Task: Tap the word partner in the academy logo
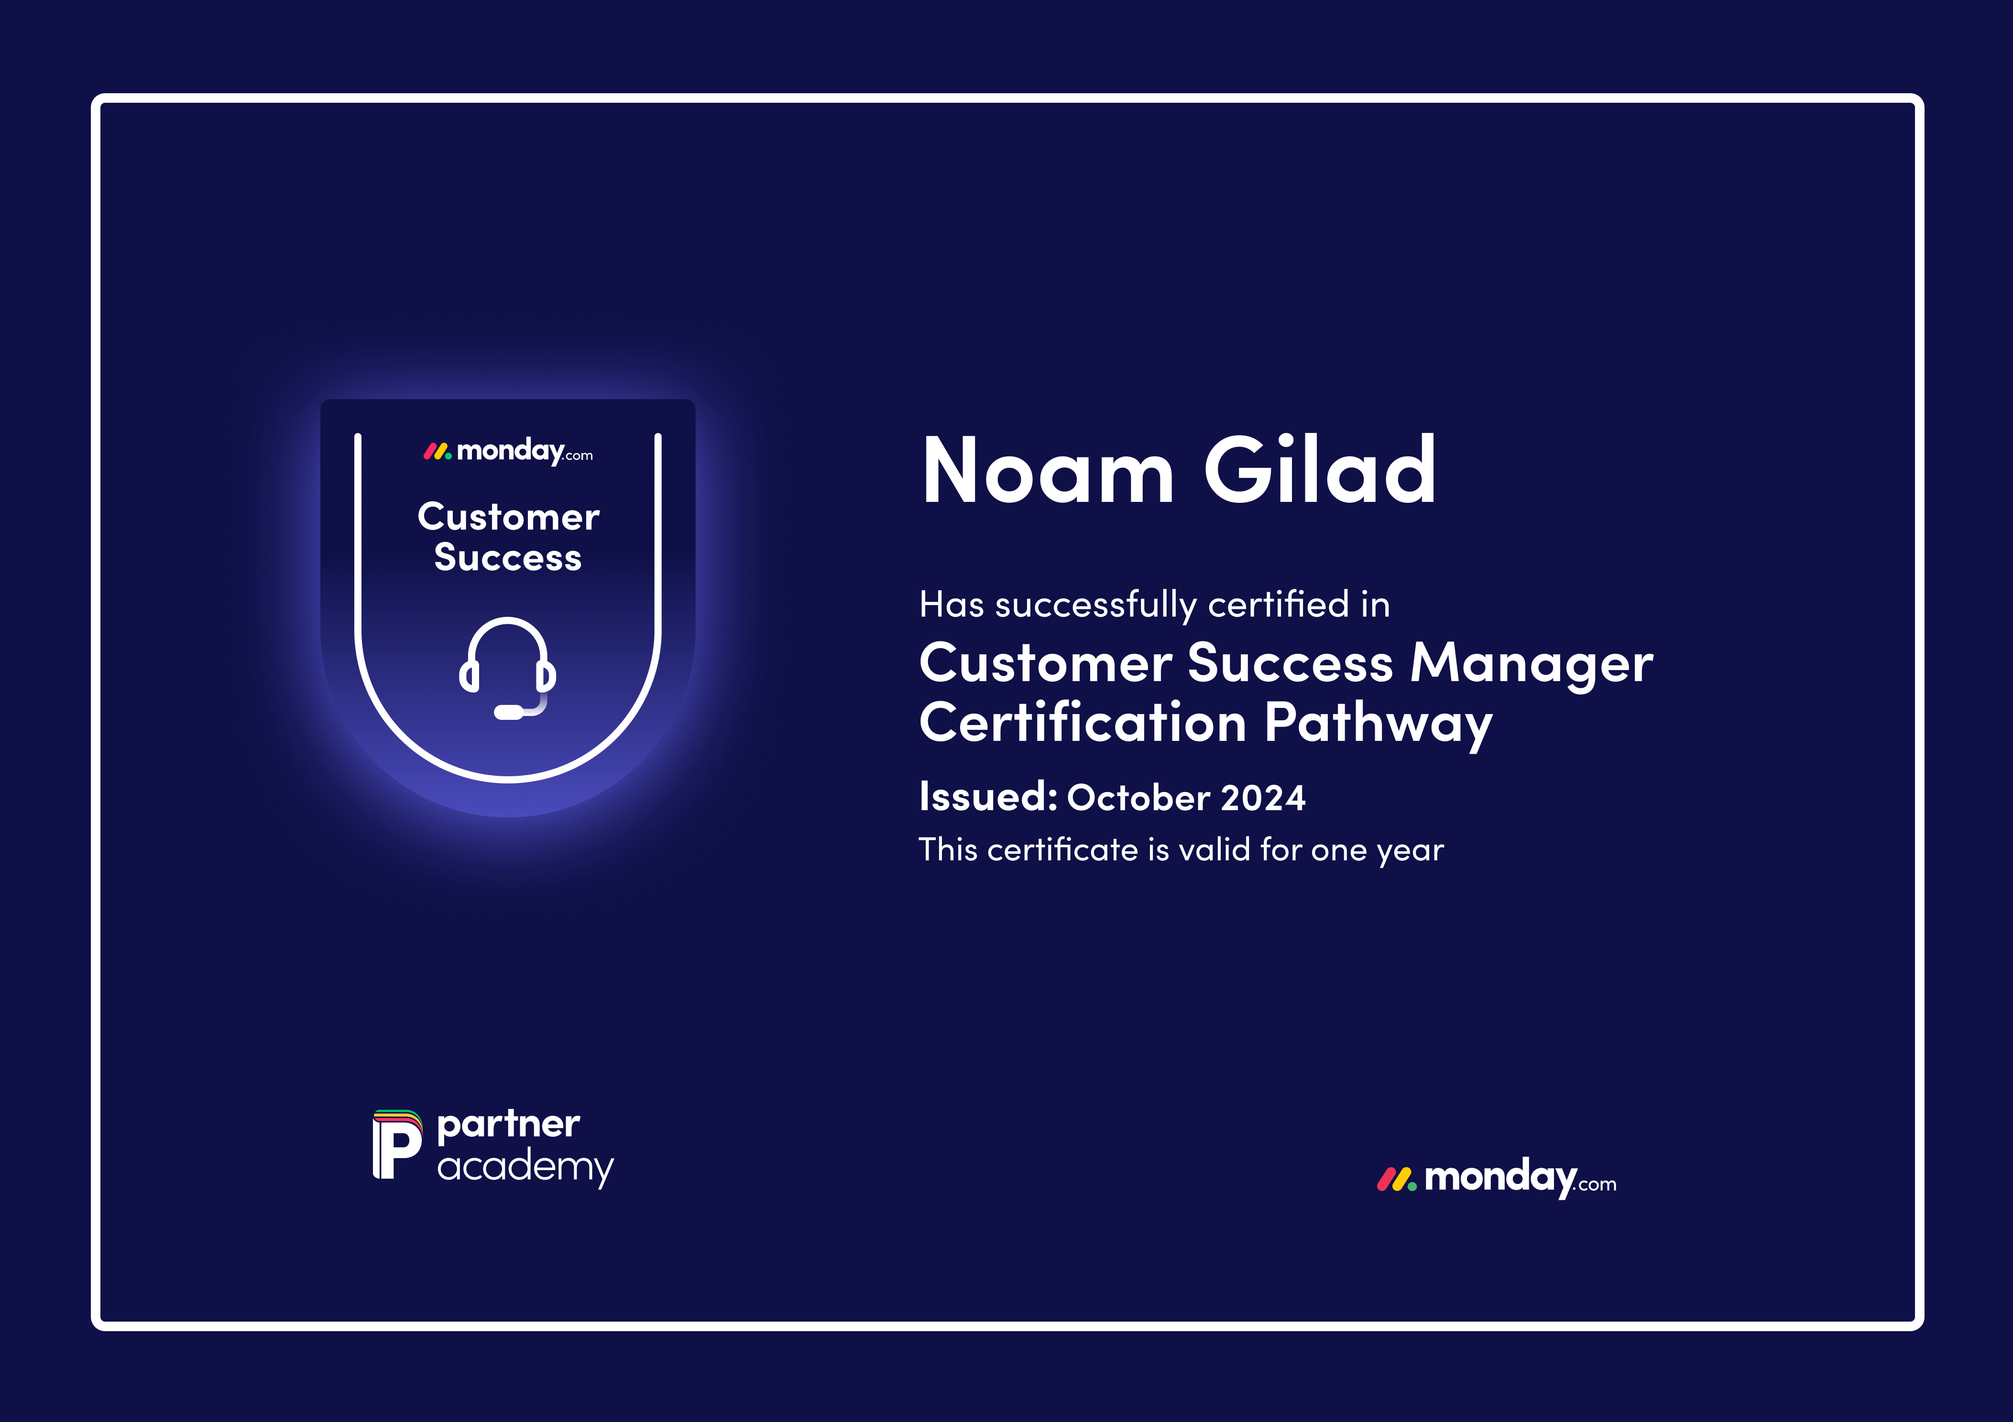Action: (x=509, y=1125)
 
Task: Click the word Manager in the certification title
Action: (x=1532, y=663)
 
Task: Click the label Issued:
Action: (x=988, y=797)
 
